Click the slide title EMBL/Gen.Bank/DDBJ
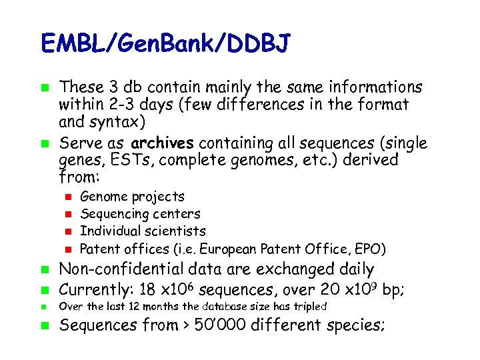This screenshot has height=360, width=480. pyautogui.click(x=165, y=44)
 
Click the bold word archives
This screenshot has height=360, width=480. pyautogui.click(x=163, y=143)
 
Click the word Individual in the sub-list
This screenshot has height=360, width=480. pyautogui.click(x=109, y=231)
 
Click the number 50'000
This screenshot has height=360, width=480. pyautogui.click(x=221, y=326)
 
